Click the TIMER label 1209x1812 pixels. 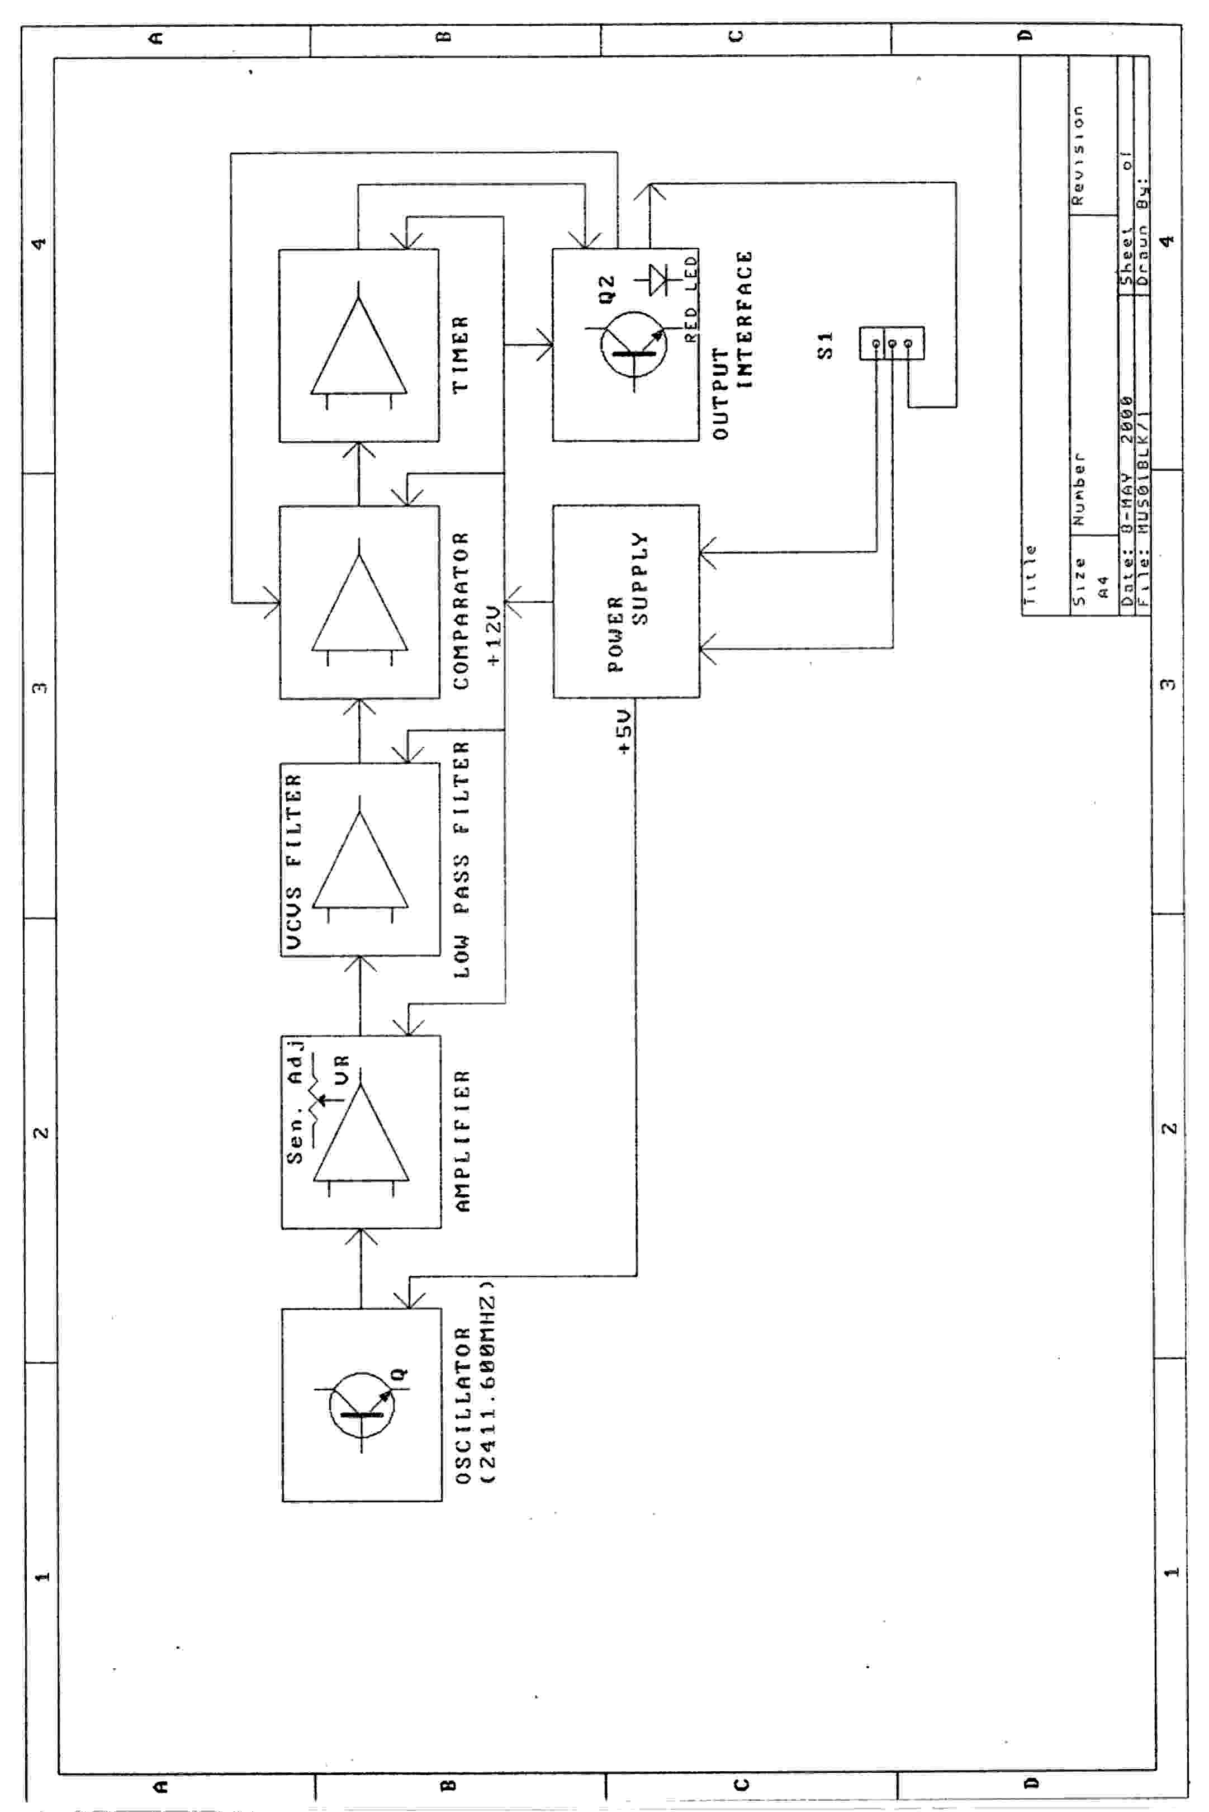(x=461, y=354)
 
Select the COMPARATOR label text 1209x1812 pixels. (x=461, y=610)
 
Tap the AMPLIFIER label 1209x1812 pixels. (x=462, y=1141)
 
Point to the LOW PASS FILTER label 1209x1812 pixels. (x=461, y=860)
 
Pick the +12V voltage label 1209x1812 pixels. (x=494, y=635)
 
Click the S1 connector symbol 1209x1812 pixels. (x=892, y=343)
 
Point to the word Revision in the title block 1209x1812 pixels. (x=1079, y=154)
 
